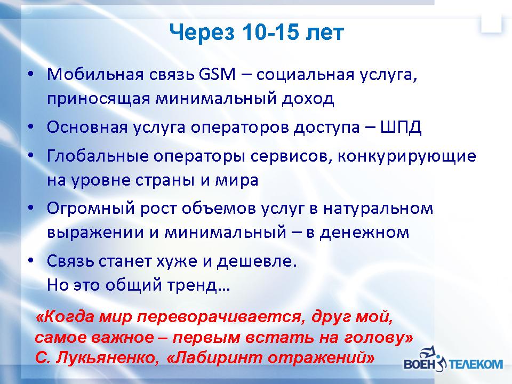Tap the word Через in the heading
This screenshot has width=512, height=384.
point(202,33)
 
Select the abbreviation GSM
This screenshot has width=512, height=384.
point(217,75)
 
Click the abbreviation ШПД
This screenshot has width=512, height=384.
point(401,127)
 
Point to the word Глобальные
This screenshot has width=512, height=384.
point(98,156)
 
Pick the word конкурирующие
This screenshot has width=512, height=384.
point(407,157)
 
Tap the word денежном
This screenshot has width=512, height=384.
point(364,233)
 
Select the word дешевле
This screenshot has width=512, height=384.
point(257,261)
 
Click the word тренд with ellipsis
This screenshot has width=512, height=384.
point(199,285)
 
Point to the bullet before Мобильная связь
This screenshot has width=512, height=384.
point(31,74)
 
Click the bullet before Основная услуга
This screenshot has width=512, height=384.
point(31,127)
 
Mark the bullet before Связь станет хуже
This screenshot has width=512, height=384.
point(31,261)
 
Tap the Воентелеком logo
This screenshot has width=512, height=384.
point(453,358)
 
